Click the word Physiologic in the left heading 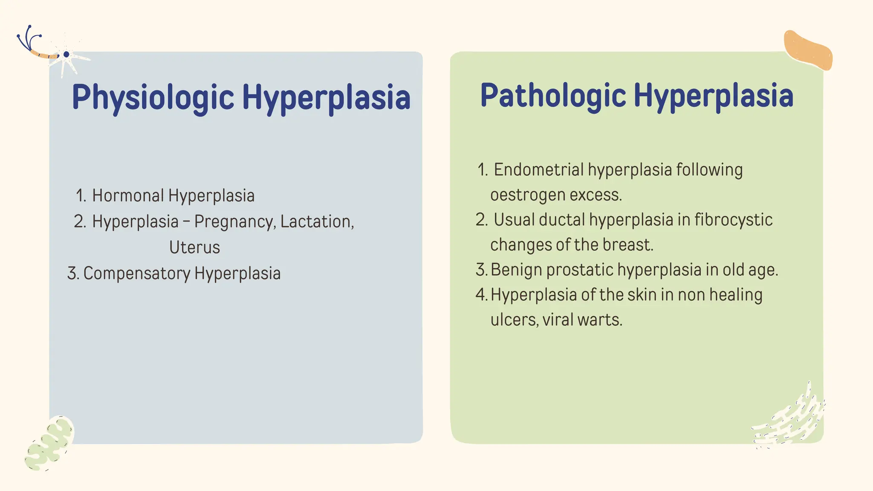point(153,97)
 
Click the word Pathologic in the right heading point(553,95)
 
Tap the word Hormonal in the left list point(128,196)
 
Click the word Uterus point(194,247)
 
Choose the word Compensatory point(136,273)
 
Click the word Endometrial point(538,170)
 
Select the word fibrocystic point(733,220)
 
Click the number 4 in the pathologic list point(481,295)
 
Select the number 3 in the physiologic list point(72,273)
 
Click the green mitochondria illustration point(49,443)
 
